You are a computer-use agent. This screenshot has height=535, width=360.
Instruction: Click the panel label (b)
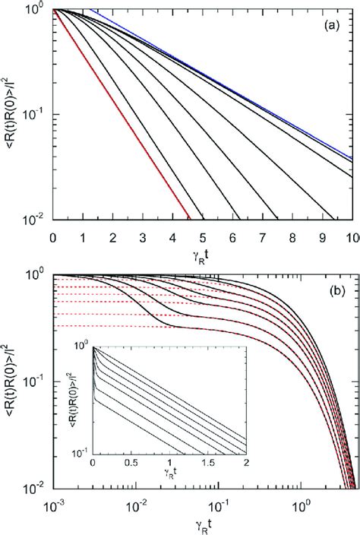tap(333, 290)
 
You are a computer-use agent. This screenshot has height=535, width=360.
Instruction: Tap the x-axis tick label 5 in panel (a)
tap(203, 237)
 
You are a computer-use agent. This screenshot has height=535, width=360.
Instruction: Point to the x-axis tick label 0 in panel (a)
tap(52, 237)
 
